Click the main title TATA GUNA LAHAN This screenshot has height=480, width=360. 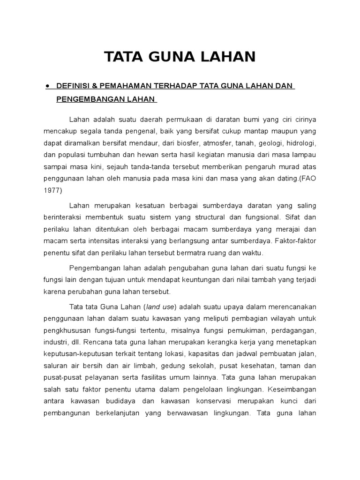[180, 57]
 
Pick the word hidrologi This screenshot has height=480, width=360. [300, 142]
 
